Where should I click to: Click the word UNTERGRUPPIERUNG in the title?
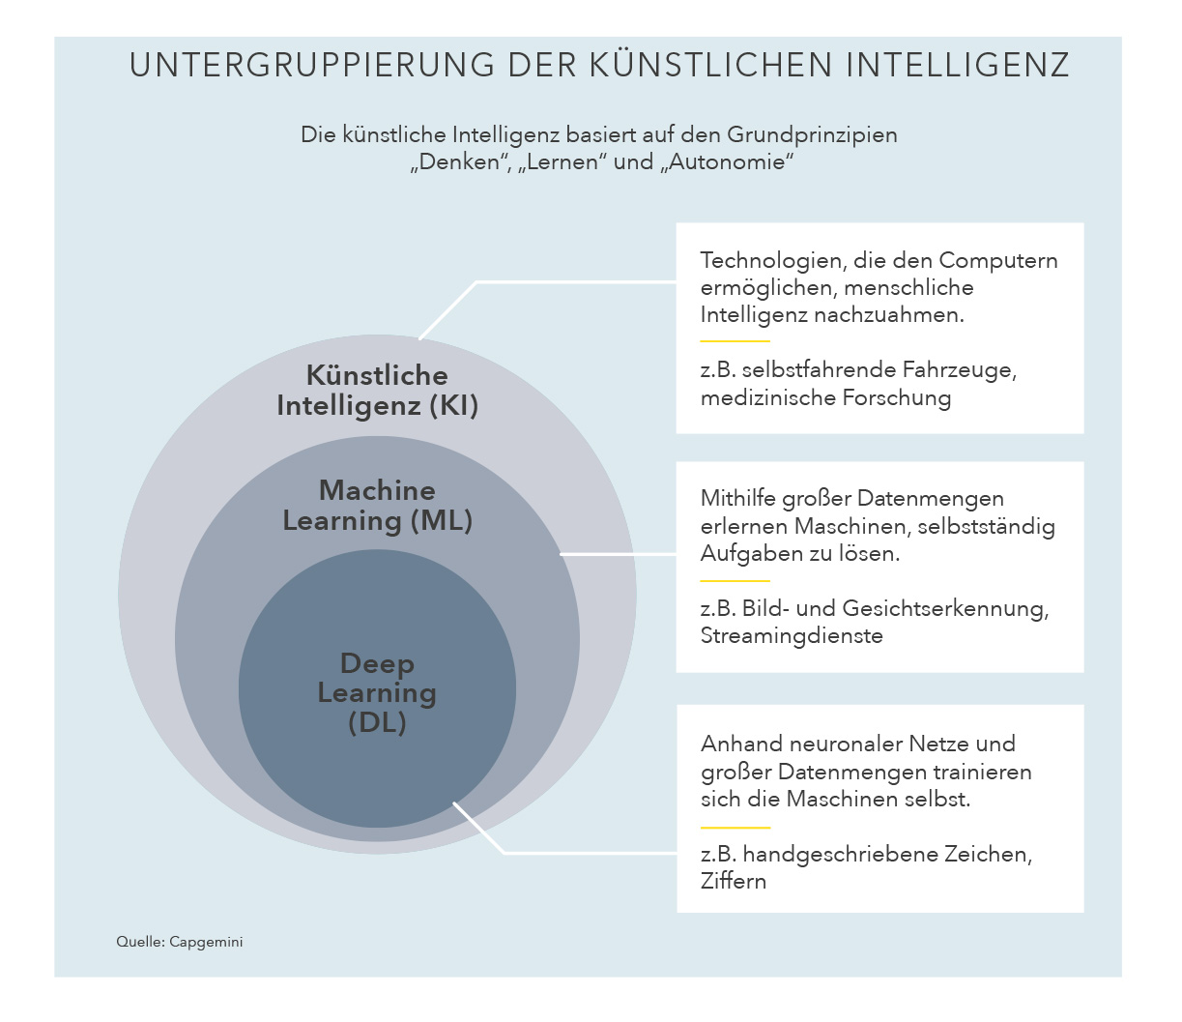pyautogui.click(x=311, y=65)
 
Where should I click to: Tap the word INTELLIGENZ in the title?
pyautogui.click(x=958, y=65)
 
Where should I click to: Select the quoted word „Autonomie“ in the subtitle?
pyautogui.click(x=728, y=161)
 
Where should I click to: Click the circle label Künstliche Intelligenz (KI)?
pyautogui.click(x=378, y=391)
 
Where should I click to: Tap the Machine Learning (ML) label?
pyautogui.click(x=378, y=506)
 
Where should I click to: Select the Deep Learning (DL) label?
pyautogui.click(x=378, y=693)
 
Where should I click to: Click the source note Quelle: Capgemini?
pyautogui.click(x=180, y=942)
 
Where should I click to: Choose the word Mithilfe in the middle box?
pyautogui.click(x=737, y=498)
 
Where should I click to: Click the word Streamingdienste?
pyautogui.click(x=792, y=636)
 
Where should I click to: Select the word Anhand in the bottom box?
pyautogui.click(x=741, y=744)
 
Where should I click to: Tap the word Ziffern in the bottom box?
pyautogui.click(x=734, y=881)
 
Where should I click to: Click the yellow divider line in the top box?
pyautogui.click(x=735, y=341)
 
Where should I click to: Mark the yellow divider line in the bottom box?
pyautogui.click(x=735, y=828)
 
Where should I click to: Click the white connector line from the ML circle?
pyautogui.click(x=619, y=554)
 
